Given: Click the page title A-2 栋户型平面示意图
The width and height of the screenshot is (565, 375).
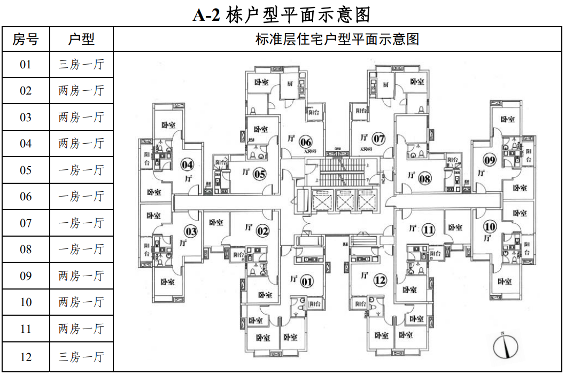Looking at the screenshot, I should point(282,14).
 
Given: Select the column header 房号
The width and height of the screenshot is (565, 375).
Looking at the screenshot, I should point(26,39).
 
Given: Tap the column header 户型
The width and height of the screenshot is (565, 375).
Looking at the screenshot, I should point(81,39).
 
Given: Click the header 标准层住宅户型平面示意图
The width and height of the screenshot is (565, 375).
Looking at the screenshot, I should point(337,39).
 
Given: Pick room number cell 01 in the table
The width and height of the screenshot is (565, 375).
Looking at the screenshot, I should point(26,65).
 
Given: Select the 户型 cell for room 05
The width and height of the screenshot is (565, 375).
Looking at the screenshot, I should point(81,170).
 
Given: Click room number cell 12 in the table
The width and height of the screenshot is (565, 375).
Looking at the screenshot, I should point(26,357).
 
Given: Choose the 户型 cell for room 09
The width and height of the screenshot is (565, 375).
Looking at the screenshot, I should point(81,276).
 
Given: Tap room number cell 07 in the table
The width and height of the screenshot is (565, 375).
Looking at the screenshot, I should point(26,223).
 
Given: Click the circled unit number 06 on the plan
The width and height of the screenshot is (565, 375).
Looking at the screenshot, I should point(305,142).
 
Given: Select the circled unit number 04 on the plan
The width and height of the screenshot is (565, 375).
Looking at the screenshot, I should point(188,165).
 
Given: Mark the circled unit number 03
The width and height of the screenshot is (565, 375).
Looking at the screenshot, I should point(191,231).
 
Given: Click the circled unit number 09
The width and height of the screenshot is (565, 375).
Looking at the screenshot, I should point(490,160).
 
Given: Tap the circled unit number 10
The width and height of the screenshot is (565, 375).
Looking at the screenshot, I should point(490,226).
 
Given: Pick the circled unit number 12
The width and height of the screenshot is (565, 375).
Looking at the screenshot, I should point(380,280).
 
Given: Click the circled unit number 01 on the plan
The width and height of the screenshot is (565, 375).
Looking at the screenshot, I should point(307,282).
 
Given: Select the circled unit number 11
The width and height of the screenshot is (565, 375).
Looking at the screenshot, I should point(428,230).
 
